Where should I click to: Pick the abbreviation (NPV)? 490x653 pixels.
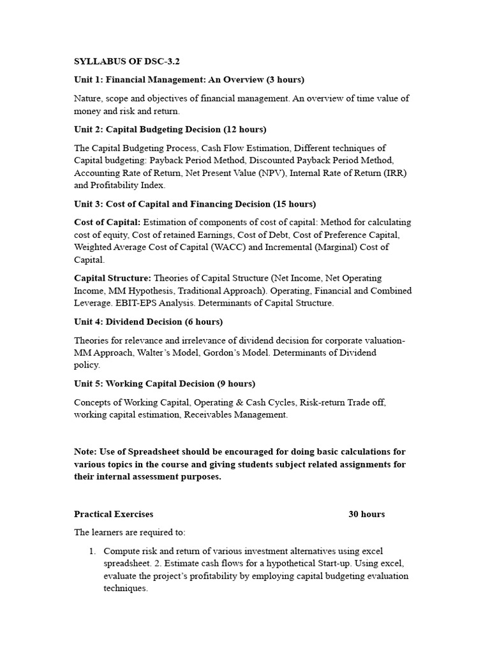click(x=269, y=173)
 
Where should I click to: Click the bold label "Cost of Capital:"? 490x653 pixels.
click(x=107, y=223)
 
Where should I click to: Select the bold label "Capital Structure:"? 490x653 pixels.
click(x=113, y=278)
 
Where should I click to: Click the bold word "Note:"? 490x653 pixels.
click(x=86, y=451)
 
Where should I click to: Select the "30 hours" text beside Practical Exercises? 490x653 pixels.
click(x=367, y=514)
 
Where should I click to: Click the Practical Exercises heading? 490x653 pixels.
click(x=114, y=514)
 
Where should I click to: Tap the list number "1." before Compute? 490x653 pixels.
click(x=93, y=551)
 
